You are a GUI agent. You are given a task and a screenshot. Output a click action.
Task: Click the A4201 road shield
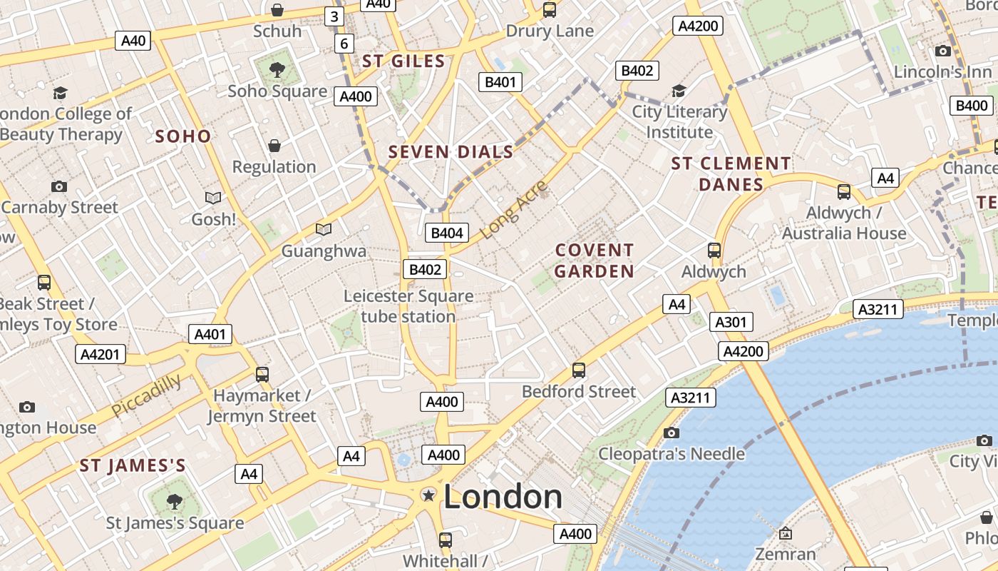[x=101, y=354]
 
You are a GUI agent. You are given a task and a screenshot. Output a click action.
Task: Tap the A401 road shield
[x=210, y=334]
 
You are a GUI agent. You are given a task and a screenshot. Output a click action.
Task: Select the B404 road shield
[x=447, y=233]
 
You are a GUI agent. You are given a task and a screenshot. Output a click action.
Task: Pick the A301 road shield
[x=731, y=322]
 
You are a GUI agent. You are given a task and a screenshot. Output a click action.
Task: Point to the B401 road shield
[x=500, y=82]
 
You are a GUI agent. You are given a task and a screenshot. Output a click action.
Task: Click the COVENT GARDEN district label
[x=595, y=261]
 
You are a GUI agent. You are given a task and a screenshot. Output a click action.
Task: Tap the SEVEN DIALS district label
[x=451, y=152]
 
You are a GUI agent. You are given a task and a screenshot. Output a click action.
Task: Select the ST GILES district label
[x=403, y=61]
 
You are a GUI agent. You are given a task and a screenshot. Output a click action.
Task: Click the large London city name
[x=503, y=497]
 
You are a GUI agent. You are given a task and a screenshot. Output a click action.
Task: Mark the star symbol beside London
[x=428, y=495]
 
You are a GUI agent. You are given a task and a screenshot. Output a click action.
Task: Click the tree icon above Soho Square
[x=277, y=70]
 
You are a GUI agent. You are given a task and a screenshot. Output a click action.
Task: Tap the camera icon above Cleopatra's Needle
[x=671, y=433]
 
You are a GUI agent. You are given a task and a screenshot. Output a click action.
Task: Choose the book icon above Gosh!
[x=213, y=198]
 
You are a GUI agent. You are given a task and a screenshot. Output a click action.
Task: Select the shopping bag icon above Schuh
[x=277, y=10]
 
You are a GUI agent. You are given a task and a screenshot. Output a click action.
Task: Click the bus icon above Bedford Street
[x=579, y=370]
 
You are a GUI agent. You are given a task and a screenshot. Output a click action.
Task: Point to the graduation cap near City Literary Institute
[x=679, y=91]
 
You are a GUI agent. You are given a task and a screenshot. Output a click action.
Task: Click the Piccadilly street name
[x=146, y=395]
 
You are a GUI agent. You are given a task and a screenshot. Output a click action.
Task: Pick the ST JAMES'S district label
[x=133, y=466]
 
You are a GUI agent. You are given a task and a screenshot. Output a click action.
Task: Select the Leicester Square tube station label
[x=408, y=306]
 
